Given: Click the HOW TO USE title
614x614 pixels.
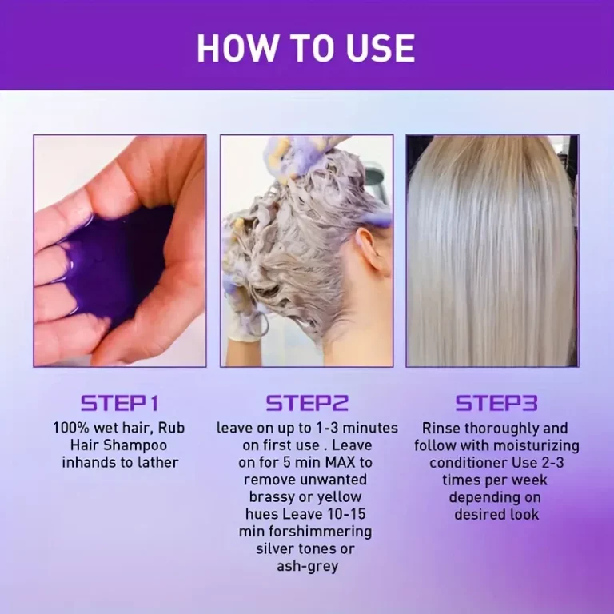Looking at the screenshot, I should click(x=306, y=47).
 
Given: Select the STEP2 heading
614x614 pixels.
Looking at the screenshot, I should click(x=307, y=402).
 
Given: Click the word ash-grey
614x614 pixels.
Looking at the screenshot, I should click(x=307, y=566).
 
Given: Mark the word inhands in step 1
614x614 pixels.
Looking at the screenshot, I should click(x=89, y=462).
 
